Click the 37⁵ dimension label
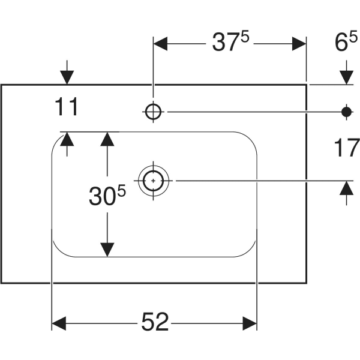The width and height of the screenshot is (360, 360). (x=230, y=42)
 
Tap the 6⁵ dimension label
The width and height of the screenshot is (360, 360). (x=346, y=42)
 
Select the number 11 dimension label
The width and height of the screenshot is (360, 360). (x=67, y=107)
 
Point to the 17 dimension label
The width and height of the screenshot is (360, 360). (x=347, y=148)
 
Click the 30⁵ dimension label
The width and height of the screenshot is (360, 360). (x=107, y=195)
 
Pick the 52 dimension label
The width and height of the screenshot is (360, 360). (x=155, y=322)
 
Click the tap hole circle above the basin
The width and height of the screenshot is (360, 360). (x=153, y=112)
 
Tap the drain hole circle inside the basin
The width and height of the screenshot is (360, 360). (x=153, y=181)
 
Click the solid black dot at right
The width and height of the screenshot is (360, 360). (x=346, y=112)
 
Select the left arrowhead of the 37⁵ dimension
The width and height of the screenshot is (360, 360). (x=160, y=44)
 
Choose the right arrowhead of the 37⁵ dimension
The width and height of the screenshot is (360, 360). (x=299, y=44)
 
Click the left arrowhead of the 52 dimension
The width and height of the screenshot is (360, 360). (x=59, y=323)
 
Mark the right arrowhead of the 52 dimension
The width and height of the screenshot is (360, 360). (x=250, y=323)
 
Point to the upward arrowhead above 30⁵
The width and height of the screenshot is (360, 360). (x=107, y=139)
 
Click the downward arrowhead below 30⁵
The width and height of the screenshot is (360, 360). (x=107, y=250)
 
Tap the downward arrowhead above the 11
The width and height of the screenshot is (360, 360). (x=67, y=77)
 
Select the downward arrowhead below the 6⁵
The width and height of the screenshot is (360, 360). (x=346, y=77)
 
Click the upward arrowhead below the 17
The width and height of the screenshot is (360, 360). (x=346, y=188)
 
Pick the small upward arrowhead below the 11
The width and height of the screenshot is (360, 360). (x=67, y=139)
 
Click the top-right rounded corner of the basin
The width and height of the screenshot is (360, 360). (x=250, y=139)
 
